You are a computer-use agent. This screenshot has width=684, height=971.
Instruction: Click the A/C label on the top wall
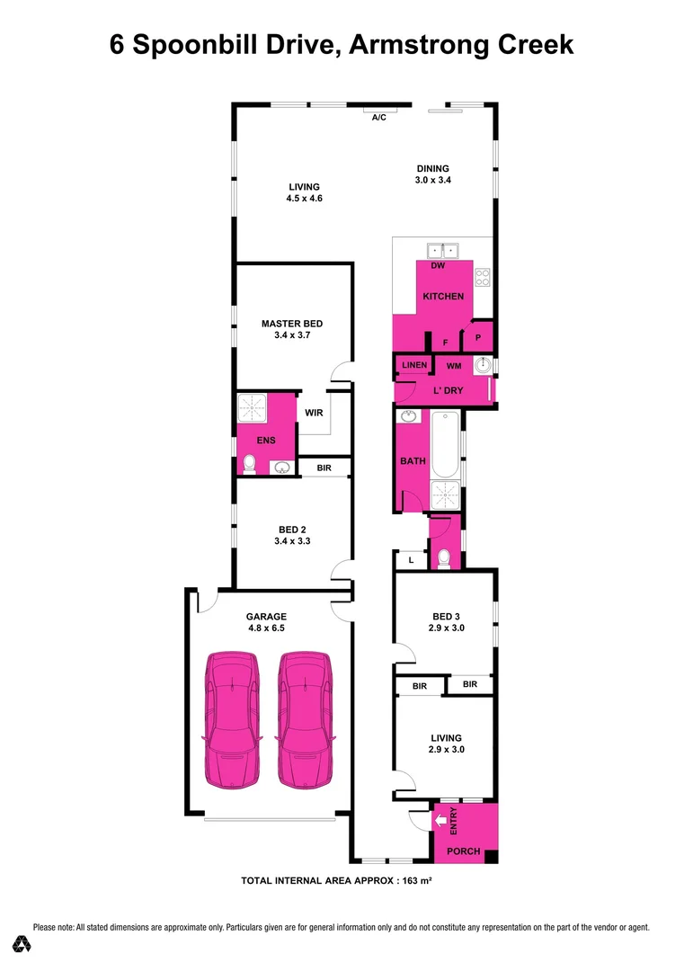[x=378, y=119]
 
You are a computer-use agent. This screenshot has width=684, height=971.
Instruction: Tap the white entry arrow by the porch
[x=440, y=820]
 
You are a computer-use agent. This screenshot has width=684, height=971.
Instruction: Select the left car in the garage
[x=233, y=718]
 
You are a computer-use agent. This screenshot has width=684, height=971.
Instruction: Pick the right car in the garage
[x=304, y=718]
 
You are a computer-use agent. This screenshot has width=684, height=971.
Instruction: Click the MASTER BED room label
[x=291, y=324]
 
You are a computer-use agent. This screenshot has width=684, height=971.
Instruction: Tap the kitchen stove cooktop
[x=482, y=277]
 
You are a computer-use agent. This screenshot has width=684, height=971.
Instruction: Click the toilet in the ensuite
[x=251, y=464]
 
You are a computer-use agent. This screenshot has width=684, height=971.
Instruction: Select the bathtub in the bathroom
[x=445, y=445]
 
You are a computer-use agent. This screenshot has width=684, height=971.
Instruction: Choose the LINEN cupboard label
[x=414, y=365]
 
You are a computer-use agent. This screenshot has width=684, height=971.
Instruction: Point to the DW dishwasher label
[x=438, y=266]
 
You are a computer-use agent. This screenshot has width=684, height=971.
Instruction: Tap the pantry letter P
[x=478, y=339]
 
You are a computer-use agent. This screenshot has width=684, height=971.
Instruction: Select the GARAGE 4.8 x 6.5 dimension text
[x=266, y=629]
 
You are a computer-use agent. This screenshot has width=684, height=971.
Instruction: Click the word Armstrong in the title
[x=416, y=45]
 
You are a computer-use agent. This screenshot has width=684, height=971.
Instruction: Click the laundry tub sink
[x=483, y=365]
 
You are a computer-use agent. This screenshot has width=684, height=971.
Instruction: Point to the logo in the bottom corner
[x=22, y=944]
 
